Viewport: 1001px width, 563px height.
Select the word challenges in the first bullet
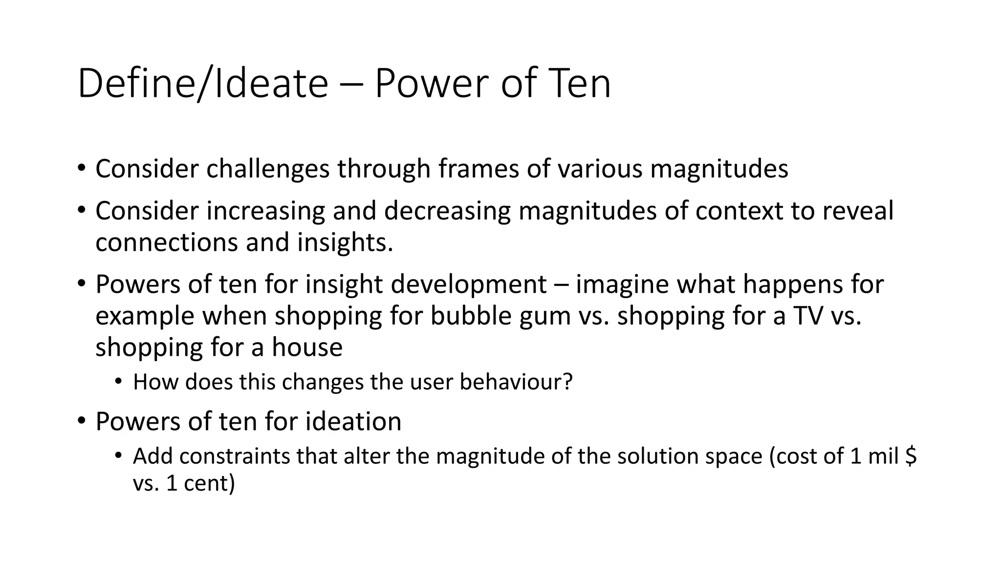click(x=268, y=169)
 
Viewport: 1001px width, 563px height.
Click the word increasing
click(x=265, y=211)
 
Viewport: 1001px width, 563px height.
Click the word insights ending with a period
click(x=345, y=242)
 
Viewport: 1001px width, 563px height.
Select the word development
click(x=469, y=284)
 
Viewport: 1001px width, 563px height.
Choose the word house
click(x=307, y=347)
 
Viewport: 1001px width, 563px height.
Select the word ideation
click(x=353, y=421)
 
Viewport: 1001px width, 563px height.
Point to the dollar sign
click(x=911, y=456)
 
